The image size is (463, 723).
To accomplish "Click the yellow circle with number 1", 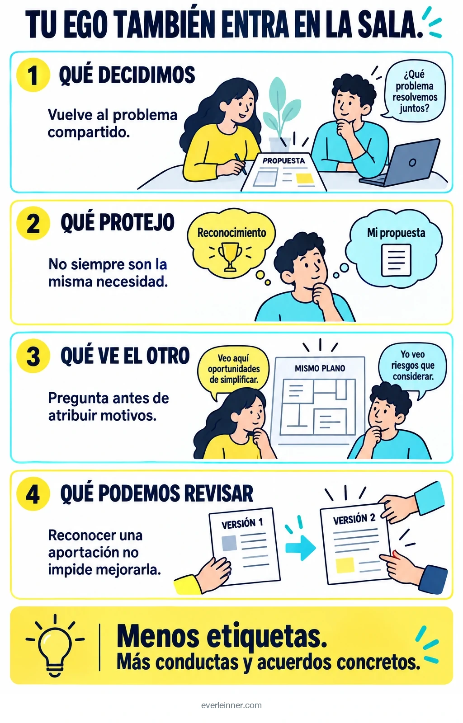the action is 33,75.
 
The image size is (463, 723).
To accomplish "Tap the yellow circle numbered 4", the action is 33,494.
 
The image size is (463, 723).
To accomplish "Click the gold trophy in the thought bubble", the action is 230,256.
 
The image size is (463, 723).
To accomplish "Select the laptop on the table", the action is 400,163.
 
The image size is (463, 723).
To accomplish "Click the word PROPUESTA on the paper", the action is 283,161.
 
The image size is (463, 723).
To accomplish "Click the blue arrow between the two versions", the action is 301,548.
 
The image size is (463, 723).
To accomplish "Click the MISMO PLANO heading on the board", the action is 320,368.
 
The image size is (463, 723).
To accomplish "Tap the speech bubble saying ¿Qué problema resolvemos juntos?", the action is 414,90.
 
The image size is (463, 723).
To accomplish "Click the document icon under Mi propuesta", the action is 396,260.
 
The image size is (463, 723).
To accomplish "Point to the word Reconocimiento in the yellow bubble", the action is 232,233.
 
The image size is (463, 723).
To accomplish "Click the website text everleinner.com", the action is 231,705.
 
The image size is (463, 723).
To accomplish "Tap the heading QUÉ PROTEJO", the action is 118,222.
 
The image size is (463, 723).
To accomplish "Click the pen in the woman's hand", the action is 241,164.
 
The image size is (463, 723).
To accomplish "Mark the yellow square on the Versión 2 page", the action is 345,565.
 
